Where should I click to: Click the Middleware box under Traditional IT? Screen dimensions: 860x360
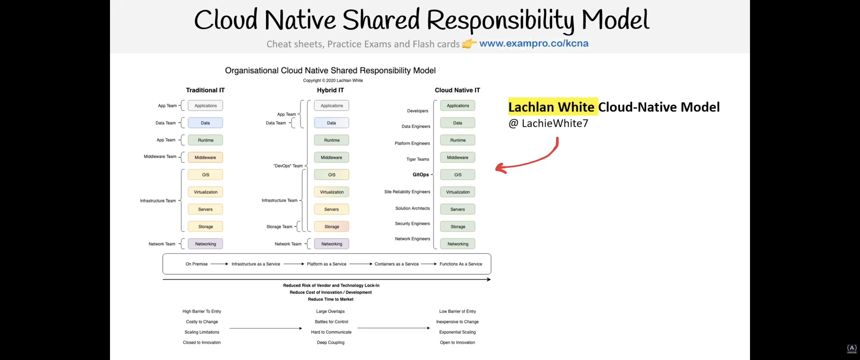pos(205,157)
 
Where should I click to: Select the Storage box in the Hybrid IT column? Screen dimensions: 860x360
pos(331,226)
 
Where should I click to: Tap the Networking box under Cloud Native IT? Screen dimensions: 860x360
pos(458,244)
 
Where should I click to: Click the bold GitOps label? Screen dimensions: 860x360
pos(421,175)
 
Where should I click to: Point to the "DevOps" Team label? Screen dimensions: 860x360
pos(288,166)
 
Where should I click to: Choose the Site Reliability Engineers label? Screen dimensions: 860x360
pos(407,192)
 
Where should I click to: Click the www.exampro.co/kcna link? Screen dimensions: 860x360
pos(534,43)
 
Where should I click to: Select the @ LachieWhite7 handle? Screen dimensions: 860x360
pos(548,123)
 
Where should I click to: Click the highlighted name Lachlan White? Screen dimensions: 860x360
pos(551,107)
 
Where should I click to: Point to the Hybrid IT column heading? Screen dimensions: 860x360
pos(330,90)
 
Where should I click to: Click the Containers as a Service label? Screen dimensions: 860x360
pos(396,264)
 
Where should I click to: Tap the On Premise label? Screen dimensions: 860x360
pos(197,264)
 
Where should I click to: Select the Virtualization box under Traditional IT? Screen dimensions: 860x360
pos(205,192)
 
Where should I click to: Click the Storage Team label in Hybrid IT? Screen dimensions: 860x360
pos(279,226)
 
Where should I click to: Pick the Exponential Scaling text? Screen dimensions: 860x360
pos(457,332)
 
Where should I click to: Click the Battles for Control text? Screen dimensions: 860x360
pos(331,321)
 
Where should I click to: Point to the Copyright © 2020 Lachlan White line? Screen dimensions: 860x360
pos(333,80)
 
